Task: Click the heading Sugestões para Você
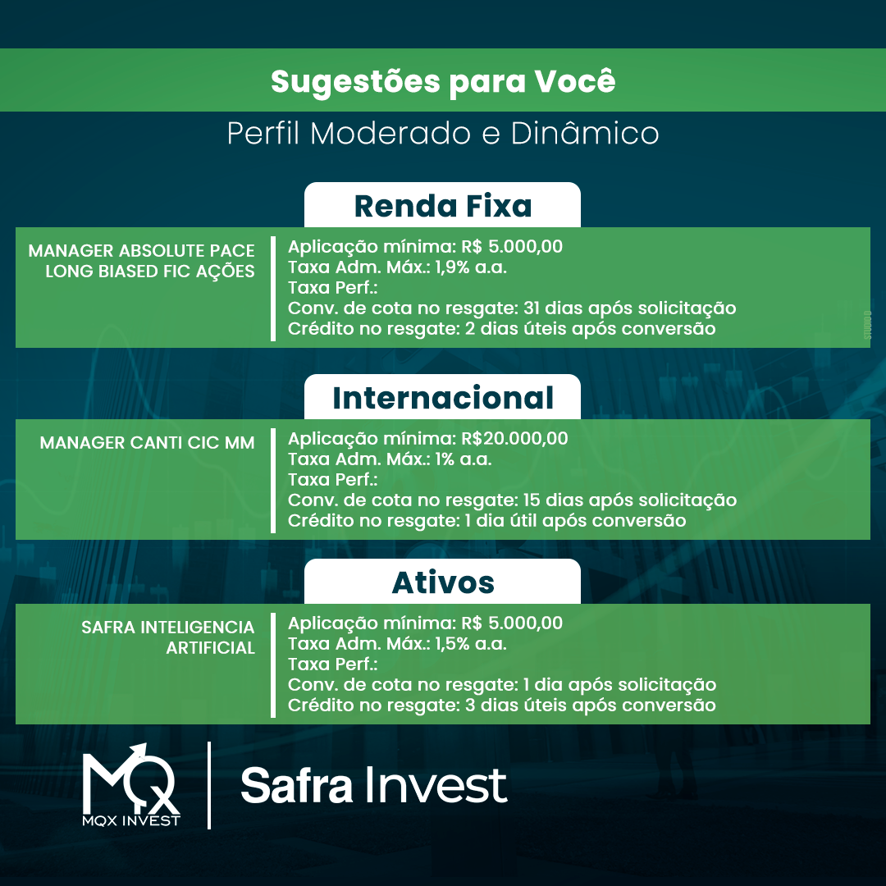pyautogui.click(x=443, y=81)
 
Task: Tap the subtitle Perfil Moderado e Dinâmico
pyautogui.click(x=443, y=134)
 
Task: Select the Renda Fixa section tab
pyautogui.click(x=442, y=205)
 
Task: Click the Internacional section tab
pyautogui.click(x=442, y=397)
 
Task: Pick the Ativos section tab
pyautogui.click(x=442, y=582)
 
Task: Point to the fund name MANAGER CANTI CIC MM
pyautogui.click(x=147, y=442)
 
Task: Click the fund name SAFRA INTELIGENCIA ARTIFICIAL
pyautogui.click(x=168, y=637)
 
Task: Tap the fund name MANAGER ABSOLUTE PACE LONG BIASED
pyautogui.click(x=141, y=261)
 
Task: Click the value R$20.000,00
pyautogui.click(x=514, y=438)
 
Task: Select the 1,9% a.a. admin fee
pyautogui.click(x=471, y=267)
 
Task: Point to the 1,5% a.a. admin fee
pyautogui.click(x=471, y=644)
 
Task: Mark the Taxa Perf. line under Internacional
pyautogui.click(x=333, y=480)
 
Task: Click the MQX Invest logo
pyautogui.click(x=131, y=785)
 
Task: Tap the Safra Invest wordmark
pyautogui.click(x=374, y=785)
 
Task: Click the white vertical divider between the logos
pyautogui.click(x=209, y=785)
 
